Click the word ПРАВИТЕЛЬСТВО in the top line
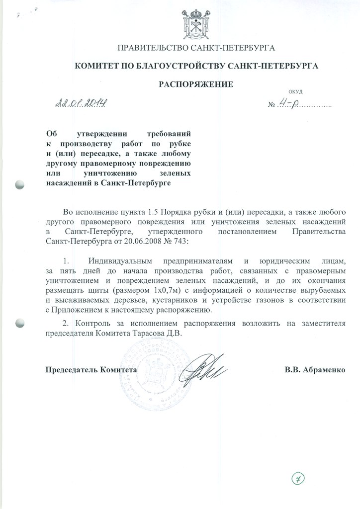(148, 48)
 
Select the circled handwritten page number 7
(298, 479)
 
